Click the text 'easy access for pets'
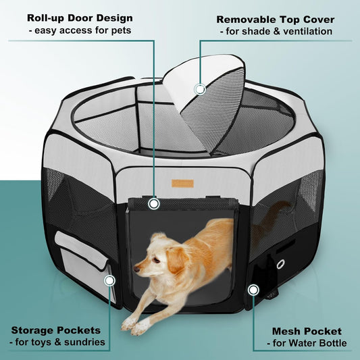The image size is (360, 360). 80,30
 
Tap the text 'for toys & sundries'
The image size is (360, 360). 58,342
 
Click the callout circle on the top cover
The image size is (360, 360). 199,88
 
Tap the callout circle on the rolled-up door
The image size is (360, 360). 154,202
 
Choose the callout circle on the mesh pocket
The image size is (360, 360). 253,290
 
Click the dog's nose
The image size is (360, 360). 136,269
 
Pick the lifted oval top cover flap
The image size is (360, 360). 207,101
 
